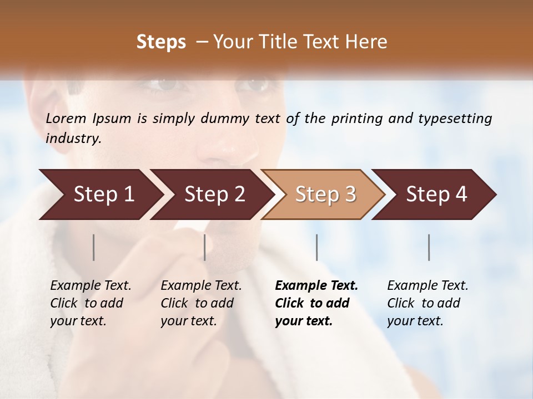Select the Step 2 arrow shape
tap(214, 195)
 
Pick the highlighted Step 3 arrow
tap(325, 195)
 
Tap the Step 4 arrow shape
tap(436, 195)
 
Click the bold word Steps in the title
tap(161, 42)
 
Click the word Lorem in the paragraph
tap(66, 119)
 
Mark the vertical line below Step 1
tap(94, 247)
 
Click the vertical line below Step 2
tap(205, 247)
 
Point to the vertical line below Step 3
tap(317, 247)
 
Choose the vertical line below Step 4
tap(429, 247)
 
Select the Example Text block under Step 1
tap(90, 303)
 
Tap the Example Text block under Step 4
tap(428, 303)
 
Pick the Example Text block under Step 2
tap(201, 303)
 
